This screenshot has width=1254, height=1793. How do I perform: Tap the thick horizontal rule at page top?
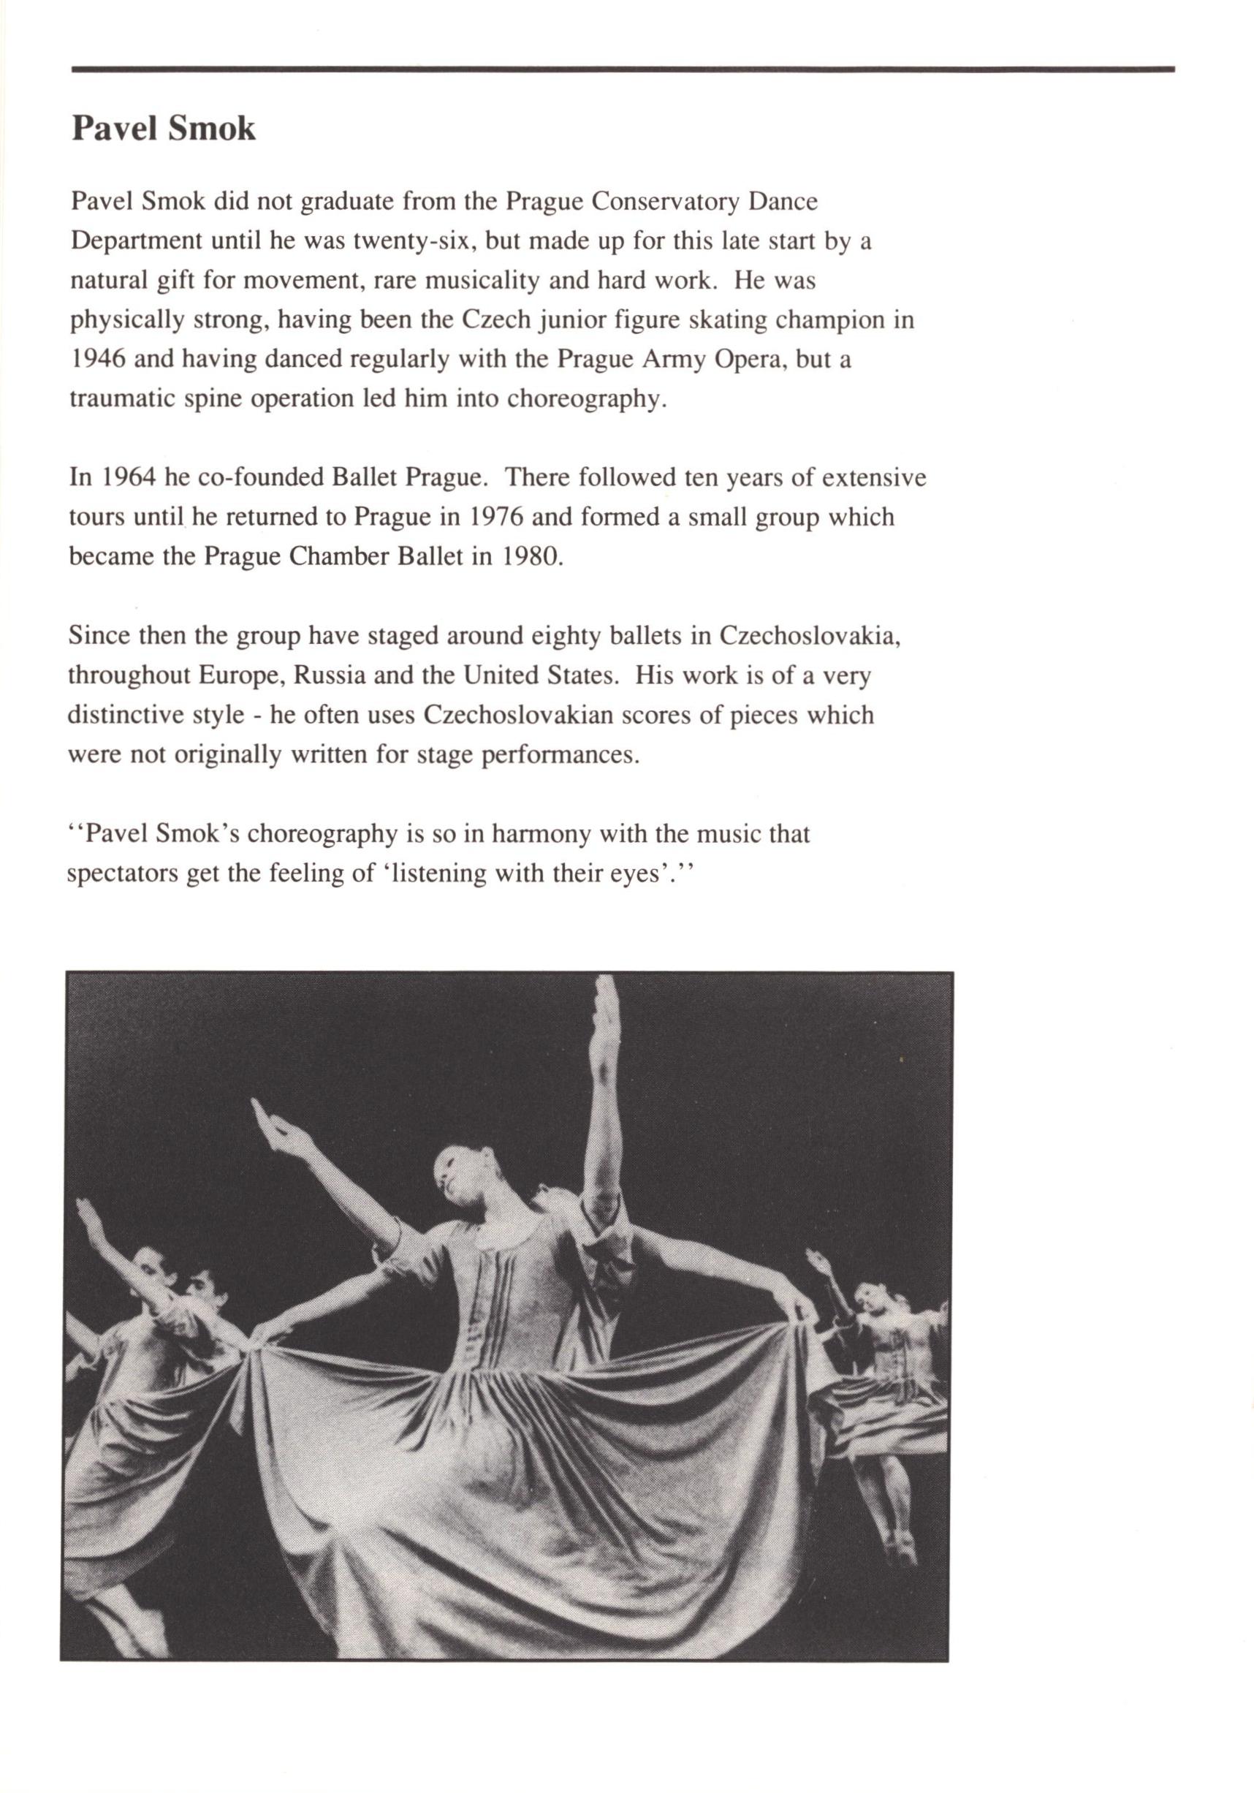(623, 69)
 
